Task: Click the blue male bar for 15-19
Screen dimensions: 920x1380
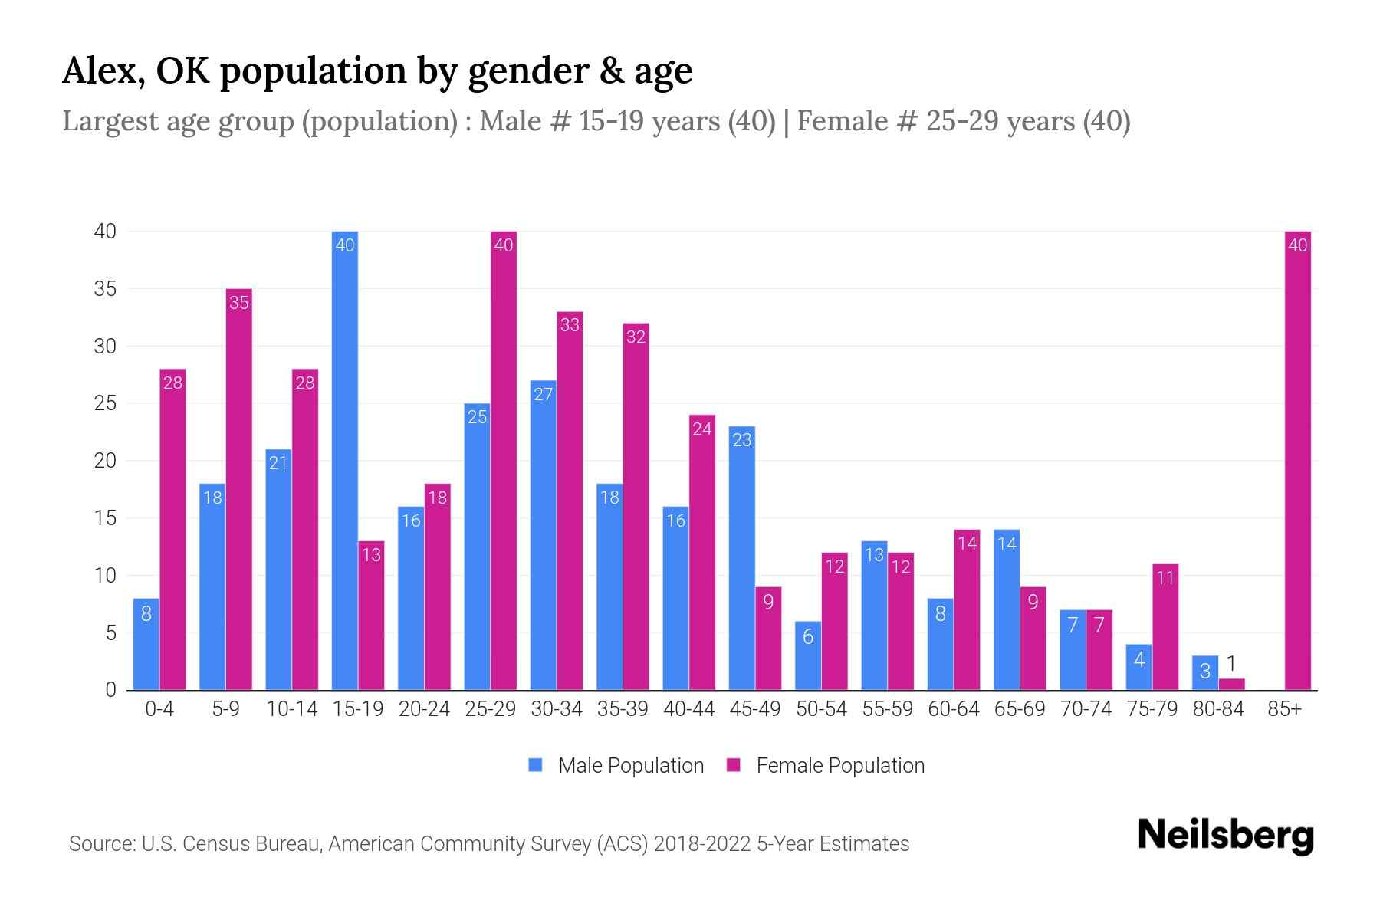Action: (x=345, y=460)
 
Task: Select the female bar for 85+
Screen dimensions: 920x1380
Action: (x=1298, y=460)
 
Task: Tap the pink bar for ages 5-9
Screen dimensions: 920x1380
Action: (x=239, y=491)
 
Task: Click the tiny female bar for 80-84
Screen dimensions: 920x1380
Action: (x=1232, y=684)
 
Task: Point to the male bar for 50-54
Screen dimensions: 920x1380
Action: (x=808, y=655)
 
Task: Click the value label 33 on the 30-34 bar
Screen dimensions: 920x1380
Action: (x=570, y=325)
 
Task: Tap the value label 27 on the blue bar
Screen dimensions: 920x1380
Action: (x=543, y=394)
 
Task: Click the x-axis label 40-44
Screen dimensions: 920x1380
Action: (x=688, y=709)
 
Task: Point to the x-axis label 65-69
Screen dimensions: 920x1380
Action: (x=1020, y=709)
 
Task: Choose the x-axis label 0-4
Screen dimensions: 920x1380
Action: (x=159, y=709)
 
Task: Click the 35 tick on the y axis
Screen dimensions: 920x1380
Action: (x=105, y=289)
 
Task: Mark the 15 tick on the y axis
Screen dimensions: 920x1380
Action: (x=105, y=518)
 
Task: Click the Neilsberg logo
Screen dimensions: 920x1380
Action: (x=1225, y=836)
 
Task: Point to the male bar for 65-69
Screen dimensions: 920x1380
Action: (x=1007, y=609)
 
